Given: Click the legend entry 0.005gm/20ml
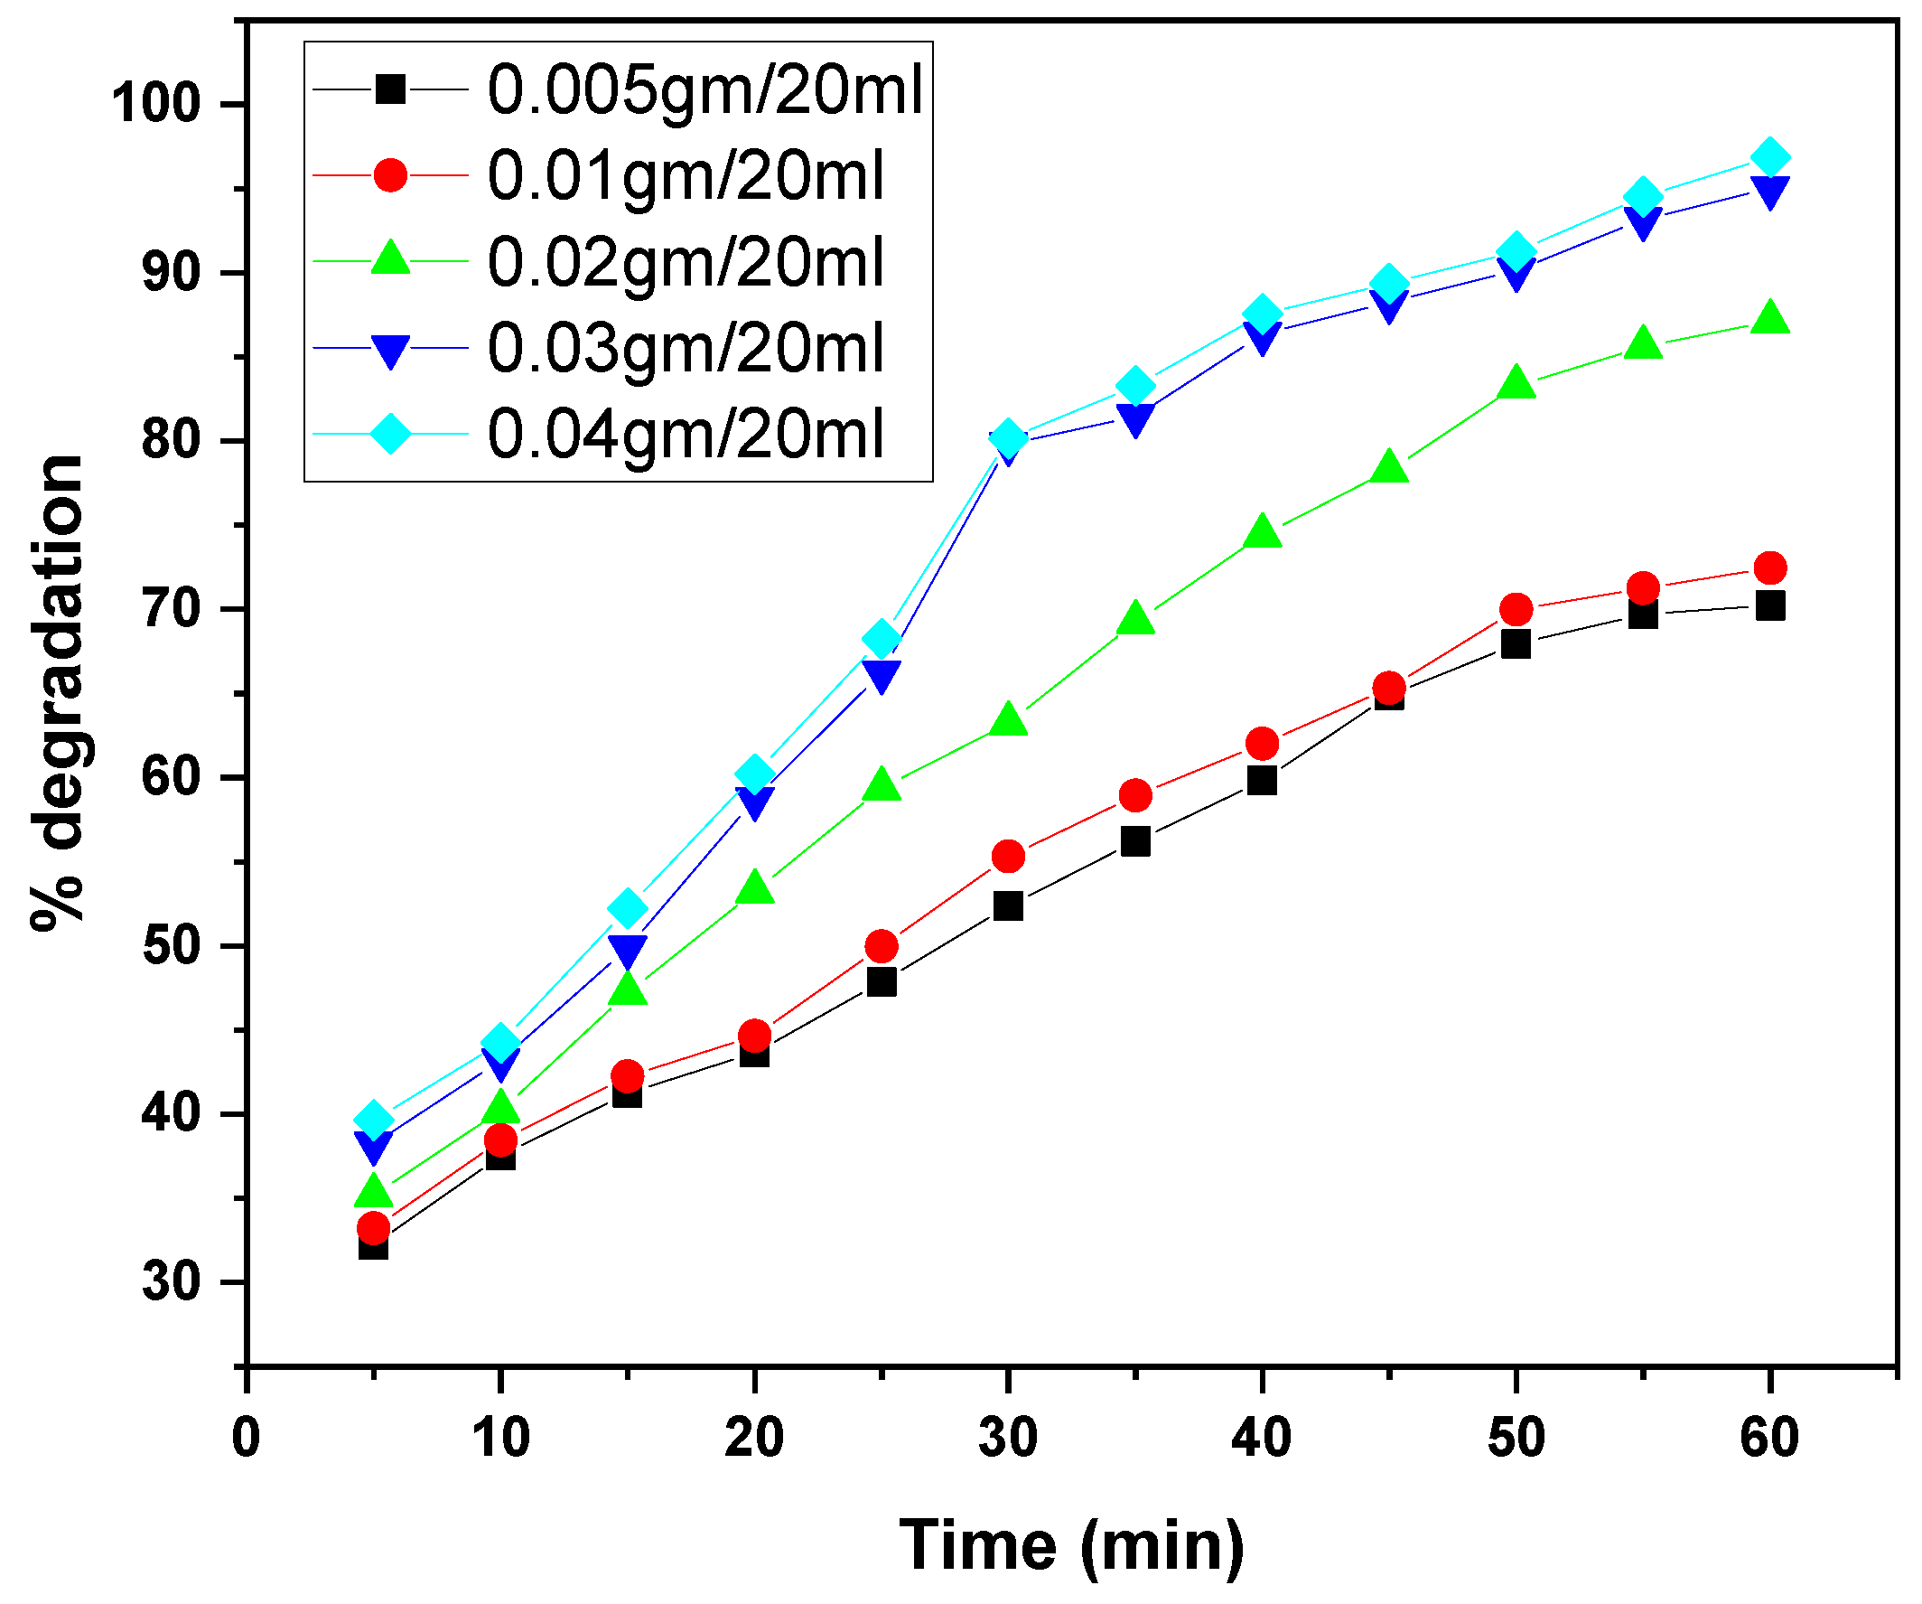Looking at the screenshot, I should [704, 89].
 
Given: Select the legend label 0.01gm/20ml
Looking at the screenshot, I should [686, 176].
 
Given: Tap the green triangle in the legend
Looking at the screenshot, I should [391, 260].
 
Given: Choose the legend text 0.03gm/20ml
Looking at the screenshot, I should [686, 348].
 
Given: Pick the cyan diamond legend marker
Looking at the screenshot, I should [391, 433].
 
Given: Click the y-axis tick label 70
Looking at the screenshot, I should [171, 609].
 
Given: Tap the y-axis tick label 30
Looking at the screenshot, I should [171, 1281].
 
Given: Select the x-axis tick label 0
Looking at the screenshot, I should [246, 1438].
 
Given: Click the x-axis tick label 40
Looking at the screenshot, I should [1261, 1438].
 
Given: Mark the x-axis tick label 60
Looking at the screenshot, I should [1769, 1438].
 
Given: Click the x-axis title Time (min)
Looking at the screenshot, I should [1072, 1545].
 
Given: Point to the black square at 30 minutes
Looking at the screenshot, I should [1008, 905].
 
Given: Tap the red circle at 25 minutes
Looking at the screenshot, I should [881, 945].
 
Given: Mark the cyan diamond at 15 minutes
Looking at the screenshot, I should [627, 908].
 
